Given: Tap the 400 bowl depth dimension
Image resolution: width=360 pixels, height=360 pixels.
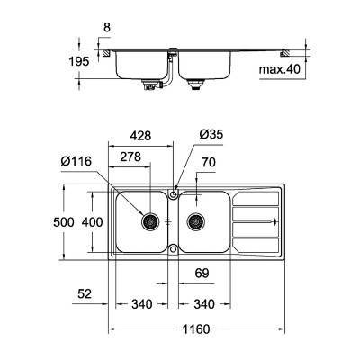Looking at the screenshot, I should click(x=91, y=221).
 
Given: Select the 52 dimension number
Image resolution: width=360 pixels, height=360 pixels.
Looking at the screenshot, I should click(x=85, y=292).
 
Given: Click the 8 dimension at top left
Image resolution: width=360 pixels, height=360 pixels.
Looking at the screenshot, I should click(x=106, y=28).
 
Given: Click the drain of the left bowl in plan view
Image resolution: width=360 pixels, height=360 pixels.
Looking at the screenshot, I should click(x=151, y=220).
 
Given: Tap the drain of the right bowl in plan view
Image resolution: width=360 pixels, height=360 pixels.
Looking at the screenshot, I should click(x=193, y=220).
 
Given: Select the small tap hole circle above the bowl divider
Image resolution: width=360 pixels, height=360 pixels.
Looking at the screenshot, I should click(x=173, y=193).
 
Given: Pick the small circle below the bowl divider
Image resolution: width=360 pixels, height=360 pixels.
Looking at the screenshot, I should click(x=173, y=249).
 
